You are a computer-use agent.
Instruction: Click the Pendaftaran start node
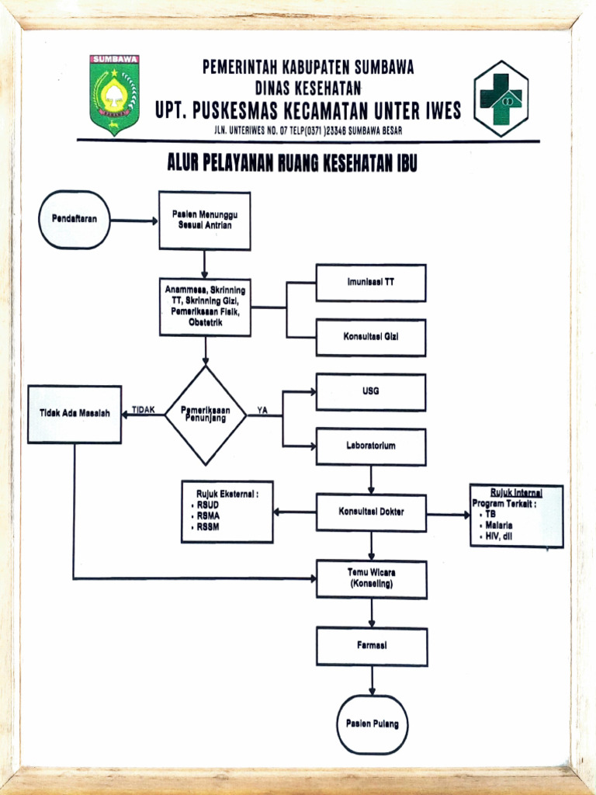coord(74,220)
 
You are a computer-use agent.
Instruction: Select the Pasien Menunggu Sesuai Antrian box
coord(205,220)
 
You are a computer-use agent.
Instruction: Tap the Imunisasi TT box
coord(371,283)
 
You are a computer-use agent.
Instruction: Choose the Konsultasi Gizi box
coord(371,338)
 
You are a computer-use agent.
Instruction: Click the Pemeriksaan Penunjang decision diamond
coord(206,415)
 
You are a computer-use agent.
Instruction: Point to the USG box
coord(371,392)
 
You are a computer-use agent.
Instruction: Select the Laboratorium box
coord(371,447)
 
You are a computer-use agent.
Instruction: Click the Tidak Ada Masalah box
coord(74,414)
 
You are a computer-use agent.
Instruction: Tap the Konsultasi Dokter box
coord(371,512)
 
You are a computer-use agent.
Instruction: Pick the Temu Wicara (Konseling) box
coord(372,579)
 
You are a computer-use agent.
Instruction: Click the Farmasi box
coord(372,646)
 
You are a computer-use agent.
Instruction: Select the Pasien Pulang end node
coord(372,724)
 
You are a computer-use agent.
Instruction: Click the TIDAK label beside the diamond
coord(143,410)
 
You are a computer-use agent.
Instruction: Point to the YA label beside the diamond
coord(262,411)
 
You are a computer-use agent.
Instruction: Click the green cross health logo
coord(501,99)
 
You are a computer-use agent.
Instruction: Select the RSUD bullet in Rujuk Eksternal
coord(208,505)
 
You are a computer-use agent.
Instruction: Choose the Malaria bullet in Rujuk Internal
coord(500,525)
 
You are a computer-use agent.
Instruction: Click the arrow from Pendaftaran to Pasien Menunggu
coord(134,220)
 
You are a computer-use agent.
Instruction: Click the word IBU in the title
coord(404,164)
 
